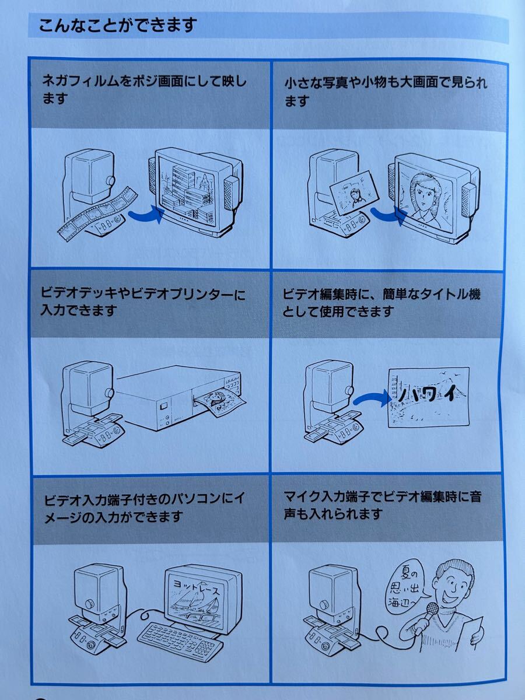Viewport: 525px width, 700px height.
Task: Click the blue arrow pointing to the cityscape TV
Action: pos(146,214)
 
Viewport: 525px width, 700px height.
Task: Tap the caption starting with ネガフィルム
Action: pos(145,90)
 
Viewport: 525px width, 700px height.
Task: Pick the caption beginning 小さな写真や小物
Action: pos(386,92)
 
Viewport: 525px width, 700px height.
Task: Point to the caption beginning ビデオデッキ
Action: pos(143,302)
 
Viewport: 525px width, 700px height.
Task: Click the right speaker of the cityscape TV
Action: pos(231,193)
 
